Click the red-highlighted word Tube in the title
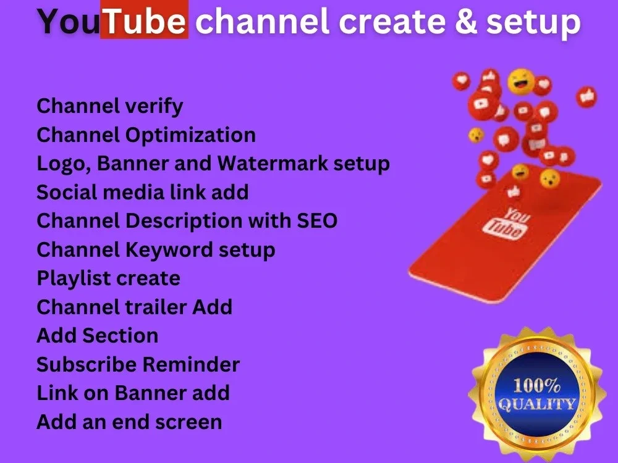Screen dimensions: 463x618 (x=144, y=22)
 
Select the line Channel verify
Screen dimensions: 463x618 (x=110, y=106)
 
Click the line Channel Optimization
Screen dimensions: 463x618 (x=146, y=135)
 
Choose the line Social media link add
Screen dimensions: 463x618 (x=142, y=192)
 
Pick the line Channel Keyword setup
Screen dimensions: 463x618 (x=156, y=249)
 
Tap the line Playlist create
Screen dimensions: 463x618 (x=108, y=278)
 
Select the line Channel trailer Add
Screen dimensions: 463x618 (x=134, y=307)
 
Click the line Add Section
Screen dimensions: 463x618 (x=97, y=335)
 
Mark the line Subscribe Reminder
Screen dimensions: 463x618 (x=138, y=364)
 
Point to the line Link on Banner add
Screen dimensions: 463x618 (x=133, y=393)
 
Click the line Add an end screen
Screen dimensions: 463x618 (x=129, y=422)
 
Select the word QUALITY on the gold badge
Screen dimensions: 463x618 (x=536, y=405)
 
